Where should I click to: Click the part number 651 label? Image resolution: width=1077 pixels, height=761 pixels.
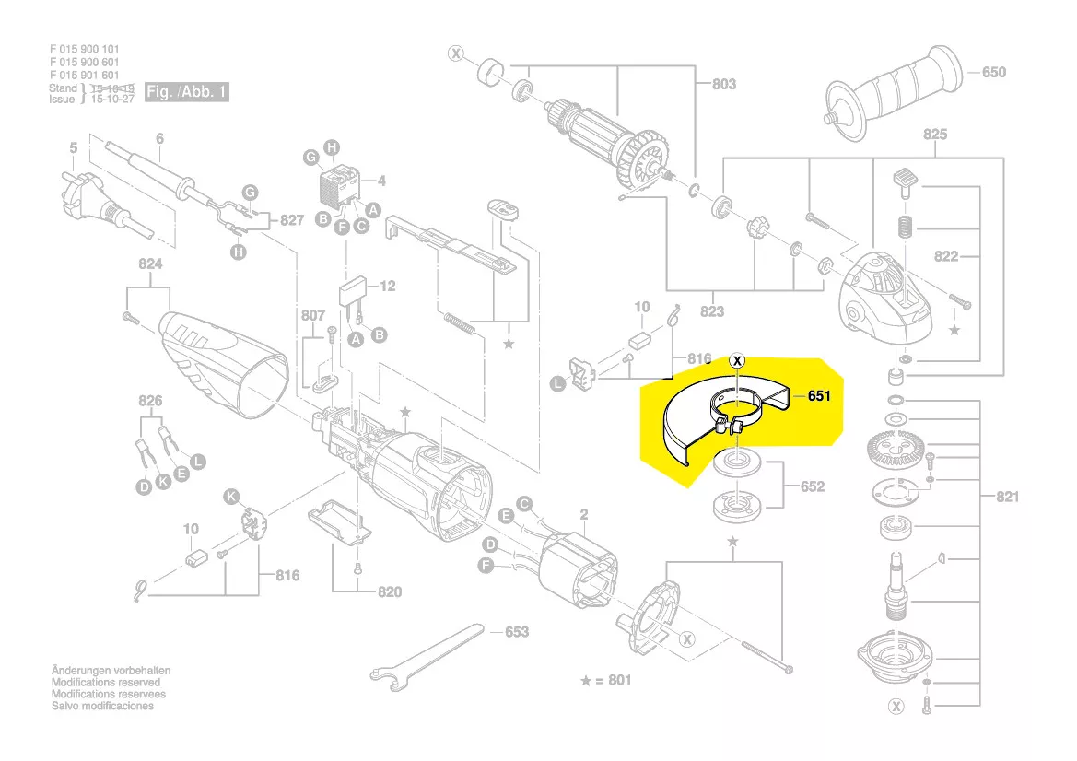pos(820,397)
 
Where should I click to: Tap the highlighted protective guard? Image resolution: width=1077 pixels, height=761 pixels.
pos(719,419)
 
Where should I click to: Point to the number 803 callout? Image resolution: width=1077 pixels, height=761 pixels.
pos(723,84)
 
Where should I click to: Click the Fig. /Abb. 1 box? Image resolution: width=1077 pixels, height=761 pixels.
pos(187,92)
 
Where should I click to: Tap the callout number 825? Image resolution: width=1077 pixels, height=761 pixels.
pos(934,135)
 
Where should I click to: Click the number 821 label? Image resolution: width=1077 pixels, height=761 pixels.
pos(1007,498)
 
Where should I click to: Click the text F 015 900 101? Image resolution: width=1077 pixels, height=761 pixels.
pos(84,49)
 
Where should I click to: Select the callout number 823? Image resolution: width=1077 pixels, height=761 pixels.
pos(712,311)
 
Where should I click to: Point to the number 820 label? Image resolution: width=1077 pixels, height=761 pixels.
pos(389,591)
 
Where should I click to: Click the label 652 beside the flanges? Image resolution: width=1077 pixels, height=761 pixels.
pos(812,486)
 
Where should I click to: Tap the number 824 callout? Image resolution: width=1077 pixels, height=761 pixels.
pos(150,263)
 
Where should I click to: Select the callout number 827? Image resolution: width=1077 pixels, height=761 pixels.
pos(291,220)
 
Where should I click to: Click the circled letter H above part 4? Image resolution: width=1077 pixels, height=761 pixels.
pos(333,147)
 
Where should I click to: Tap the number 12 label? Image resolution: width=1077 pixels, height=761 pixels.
pos(387,287)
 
